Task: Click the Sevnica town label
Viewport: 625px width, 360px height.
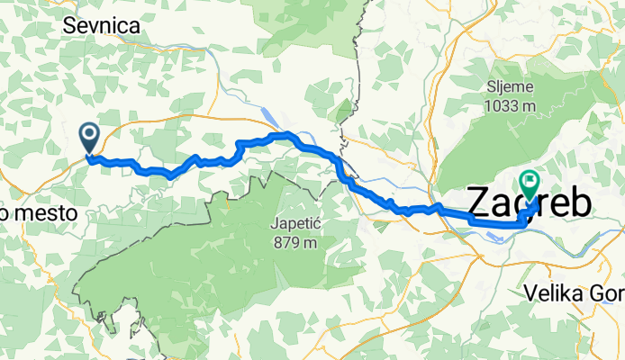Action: pos(102,27)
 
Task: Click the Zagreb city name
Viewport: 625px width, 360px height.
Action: pos(530,203)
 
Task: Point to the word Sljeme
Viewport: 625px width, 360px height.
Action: pos(510,87)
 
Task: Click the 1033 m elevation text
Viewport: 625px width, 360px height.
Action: pos(510,105)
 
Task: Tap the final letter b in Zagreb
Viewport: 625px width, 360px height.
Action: pos(580,203)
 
